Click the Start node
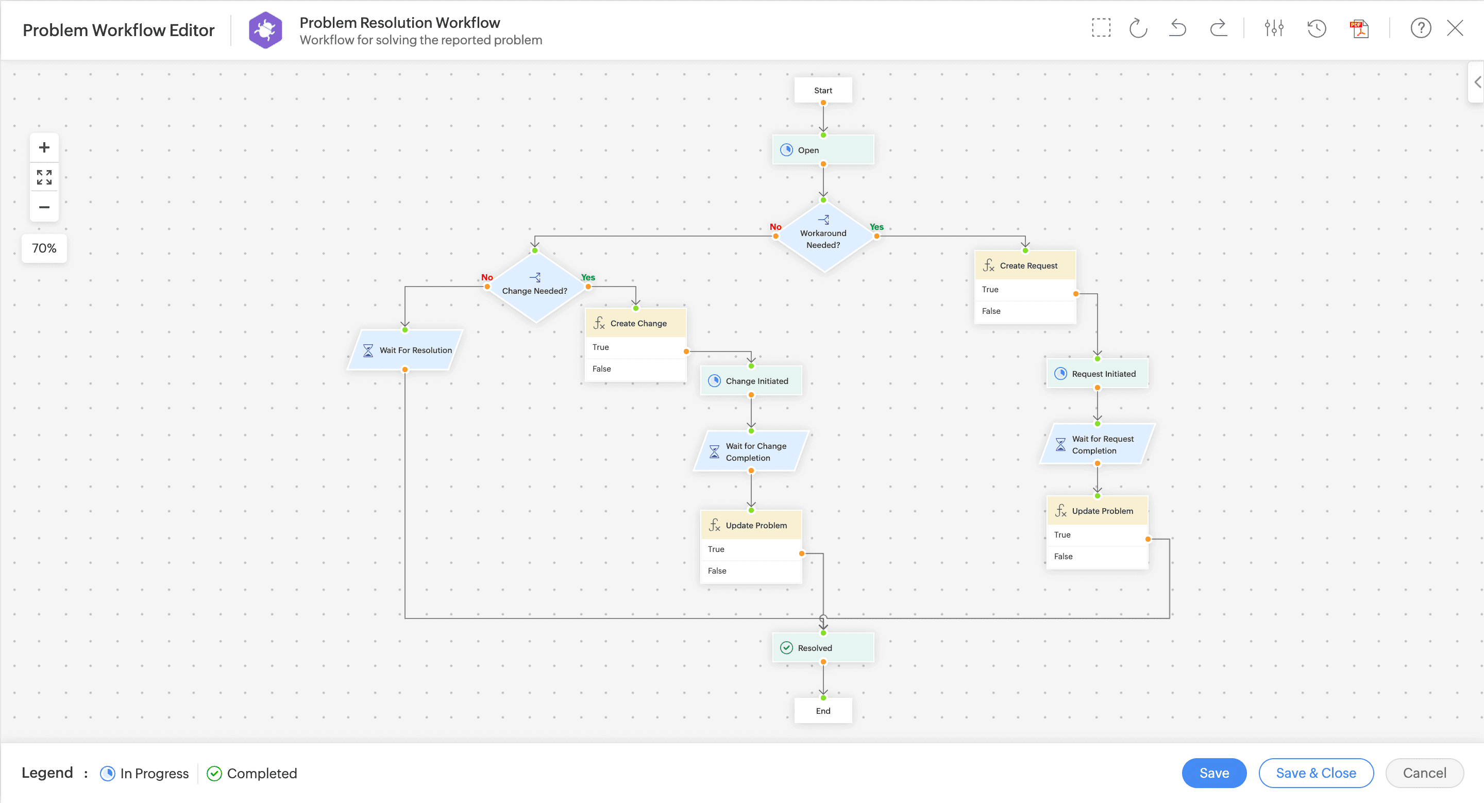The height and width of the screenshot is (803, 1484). (x=823, y=90)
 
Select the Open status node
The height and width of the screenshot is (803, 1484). (x=823, y=150)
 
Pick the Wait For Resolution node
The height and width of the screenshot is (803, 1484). (x=406, y=350)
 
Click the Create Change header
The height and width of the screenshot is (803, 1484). (x=636, y=323)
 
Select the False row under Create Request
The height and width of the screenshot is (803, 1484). (x=1024, y=311)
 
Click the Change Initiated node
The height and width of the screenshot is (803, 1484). (x=751, y=381)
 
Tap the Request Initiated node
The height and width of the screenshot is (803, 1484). (x=1097, y=374)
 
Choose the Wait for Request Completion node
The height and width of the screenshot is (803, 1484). (x=1097, y=445)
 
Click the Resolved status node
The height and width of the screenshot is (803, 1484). (x=823, y=648)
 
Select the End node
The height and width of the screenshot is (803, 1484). (x=823, y=711)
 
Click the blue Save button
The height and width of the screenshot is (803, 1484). (x=1214, y=773)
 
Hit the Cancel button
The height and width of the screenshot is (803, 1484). (x=1424, y=773)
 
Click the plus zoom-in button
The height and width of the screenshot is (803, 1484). (x=44, y=147)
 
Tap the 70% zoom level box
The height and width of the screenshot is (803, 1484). (x=44, y=248)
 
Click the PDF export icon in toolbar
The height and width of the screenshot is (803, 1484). (x=1360, y=28)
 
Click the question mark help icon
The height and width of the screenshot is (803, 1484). (x=1421, y=28)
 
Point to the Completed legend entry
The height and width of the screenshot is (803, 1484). (x=252, y=773)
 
